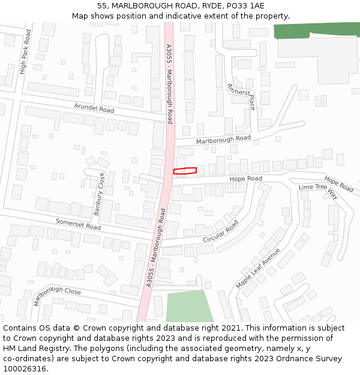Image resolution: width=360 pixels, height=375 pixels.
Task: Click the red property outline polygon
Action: [185, 171]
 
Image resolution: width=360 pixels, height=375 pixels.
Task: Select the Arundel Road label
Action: [94, 109]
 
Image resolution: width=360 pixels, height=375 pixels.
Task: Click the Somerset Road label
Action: [78, 224]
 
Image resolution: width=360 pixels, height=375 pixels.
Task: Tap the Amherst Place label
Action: [242, 96]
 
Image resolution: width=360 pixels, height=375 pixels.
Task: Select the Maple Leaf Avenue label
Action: [258, 267]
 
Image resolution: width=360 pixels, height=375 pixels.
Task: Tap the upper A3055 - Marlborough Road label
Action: [169, 83]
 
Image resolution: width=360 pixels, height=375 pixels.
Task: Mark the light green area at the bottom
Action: [188, 307]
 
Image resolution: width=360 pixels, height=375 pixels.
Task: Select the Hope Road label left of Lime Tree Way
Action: [245, 179]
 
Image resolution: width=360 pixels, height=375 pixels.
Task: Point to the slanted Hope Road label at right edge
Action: [339, 184]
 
